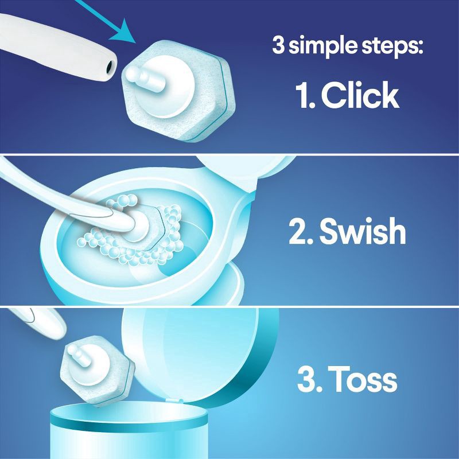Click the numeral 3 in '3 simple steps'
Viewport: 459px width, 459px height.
[279, 46]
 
